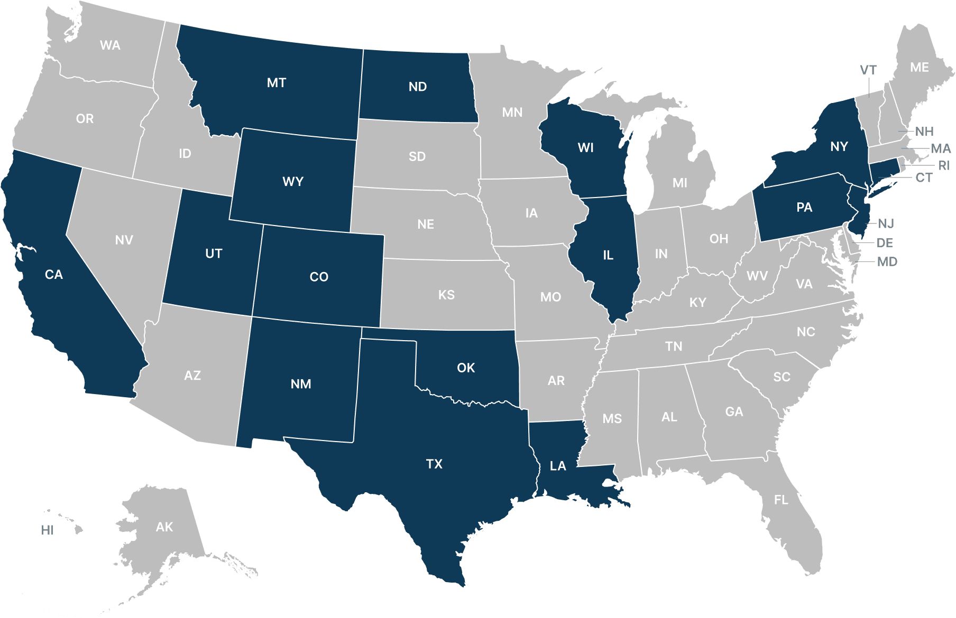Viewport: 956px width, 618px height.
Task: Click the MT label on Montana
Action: (277, 83)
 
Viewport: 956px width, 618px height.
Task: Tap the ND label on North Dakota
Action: (418, 87)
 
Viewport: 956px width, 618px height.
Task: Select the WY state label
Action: (293, 182)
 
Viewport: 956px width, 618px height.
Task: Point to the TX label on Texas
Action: (434, 464)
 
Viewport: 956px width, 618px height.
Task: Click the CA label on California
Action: (54, 275)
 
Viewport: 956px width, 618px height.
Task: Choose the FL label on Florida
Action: (781, 500)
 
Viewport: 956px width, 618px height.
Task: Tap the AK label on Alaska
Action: (164, 527)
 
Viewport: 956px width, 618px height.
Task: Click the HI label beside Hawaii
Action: (48, 530)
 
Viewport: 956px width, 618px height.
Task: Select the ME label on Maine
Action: (920, 68)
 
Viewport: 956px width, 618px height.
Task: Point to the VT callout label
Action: (868, 70)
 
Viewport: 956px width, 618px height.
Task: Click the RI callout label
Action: (944, 166)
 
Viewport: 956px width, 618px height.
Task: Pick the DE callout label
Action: (885, 243)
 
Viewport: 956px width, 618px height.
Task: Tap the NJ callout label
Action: (886, 223)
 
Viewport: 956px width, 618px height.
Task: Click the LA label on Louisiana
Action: (558, 466)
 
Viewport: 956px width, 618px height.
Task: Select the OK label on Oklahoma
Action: (466, 368)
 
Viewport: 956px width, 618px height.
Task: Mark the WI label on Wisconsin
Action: (586, 148)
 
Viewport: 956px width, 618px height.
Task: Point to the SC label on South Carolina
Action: (782, 377)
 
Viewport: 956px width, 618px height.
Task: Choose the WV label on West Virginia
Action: (757, 276)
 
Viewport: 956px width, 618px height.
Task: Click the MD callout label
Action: (887, 261)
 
